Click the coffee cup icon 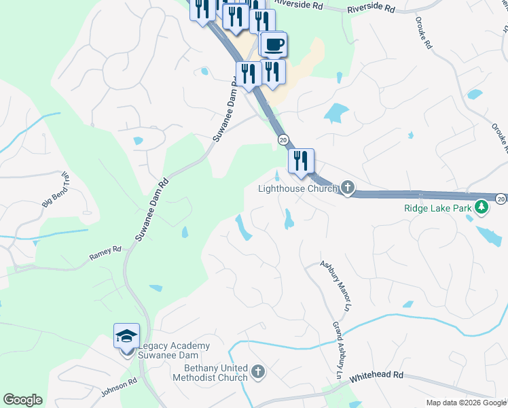pos(273,45)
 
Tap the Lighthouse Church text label pos(297,188)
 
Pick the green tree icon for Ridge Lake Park pos(482,205)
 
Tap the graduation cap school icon pos(127,336)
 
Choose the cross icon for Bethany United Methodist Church pos(257,371)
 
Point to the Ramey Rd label pos(105,254)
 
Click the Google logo pos(22,400)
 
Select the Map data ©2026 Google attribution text pos(466,403)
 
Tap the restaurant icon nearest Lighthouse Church pos(300,161)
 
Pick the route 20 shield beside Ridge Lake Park pos(501,199)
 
